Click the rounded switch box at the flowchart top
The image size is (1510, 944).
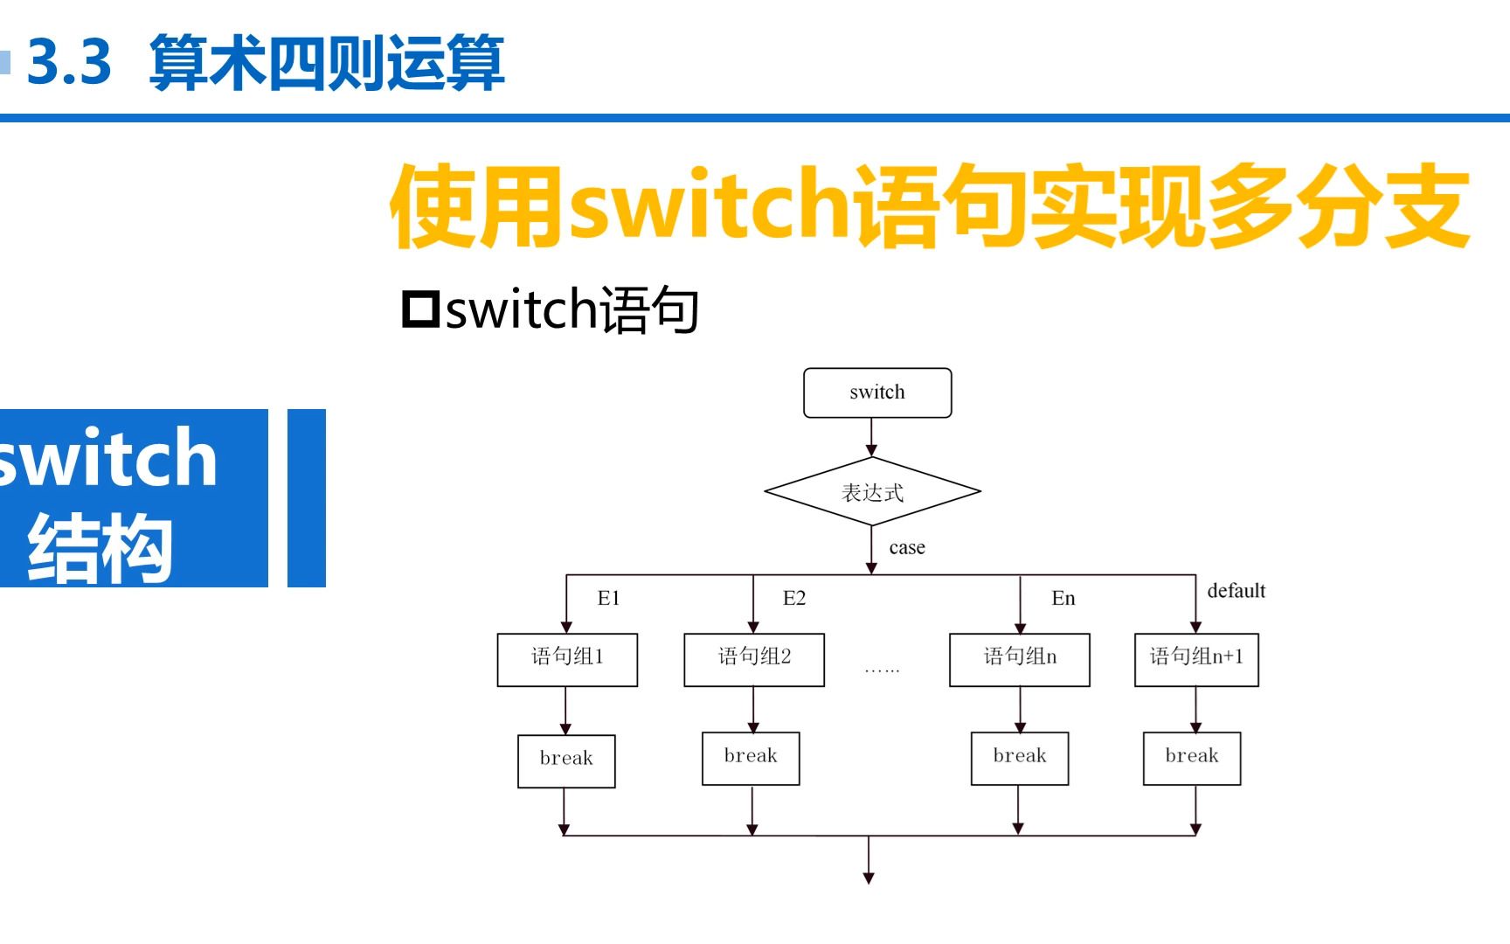[x=877, y=392]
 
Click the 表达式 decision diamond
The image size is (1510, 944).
[x=872, y=492]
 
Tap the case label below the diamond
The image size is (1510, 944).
[x=907, y=548]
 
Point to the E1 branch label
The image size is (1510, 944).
[x=608, y=598]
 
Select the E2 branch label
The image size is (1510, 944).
[x=793, y=598]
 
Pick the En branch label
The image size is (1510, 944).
[x=1063, y=598]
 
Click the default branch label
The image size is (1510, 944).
[x=1236, y=591]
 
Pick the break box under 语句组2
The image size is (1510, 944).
[x=751, y=758]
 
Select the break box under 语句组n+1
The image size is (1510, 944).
[x=1192, y=758]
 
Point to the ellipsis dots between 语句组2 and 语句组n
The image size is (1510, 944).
[x=882, y=670]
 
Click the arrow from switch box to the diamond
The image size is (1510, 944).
[x=871, y=436]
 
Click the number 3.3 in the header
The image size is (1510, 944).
[x=70, y=63]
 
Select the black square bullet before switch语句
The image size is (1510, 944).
[x=420, y=309]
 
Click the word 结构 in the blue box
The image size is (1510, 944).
[x=100, y=549]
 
